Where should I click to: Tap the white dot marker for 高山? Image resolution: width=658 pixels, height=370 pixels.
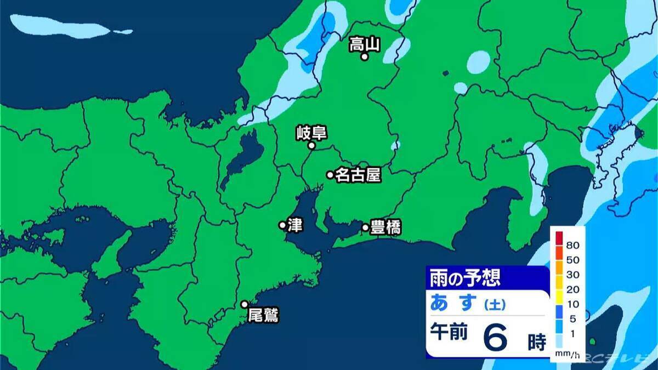pyautogui.click(x=364, y=56)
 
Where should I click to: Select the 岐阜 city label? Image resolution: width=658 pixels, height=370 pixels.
pyautogui.click(x=311, y=133)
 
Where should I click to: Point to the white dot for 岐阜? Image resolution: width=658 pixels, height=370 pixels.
pyautogui.click(x=311, y=146)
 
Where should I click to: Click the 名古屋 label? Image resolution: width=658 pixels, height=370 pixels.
pyautogui.click(x=358, y=175)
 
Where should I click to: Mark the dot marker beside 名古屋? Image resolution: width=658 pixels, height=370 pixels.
pyautogui.click(x=330, y=175)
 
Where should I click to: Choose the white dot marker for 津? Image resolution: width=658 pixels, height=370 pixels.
pyautogui.click(x=282, y=225)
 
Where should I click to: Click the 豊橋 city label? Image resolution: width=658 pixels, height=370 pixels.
pyautogui.click(x=385, y=227)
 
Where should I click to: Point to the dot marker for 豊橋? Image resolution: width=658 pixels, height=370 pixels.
pyautogui.click(x=365, y=227)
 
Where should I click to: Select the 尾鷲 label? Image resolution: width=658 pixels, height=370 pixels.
pyautogui.click(x=263, y=316)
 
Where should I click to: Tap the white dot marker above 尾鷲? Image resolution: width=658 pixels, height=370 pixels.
pyautogui.click(x=245, y=304)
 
